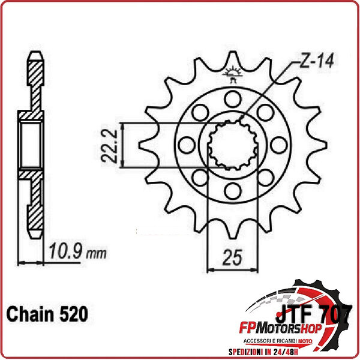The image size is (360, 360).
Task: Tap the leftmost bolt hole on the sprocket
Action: point(186,145)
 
